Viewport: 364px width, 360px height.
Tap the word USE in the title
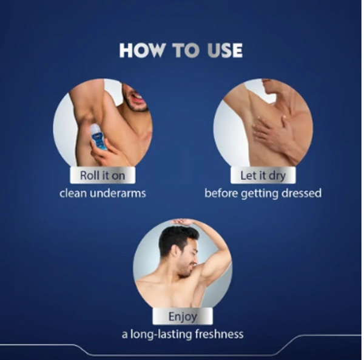pos(224,50)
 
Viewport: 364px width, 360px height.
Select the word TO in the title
pos(186,50)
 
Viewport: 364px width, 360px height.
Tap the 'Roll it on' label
pos(103,175)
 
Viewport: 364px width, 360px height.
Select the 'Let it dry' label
pos(263,175)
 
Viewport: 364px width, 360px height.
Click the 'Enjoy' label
pos(183,316)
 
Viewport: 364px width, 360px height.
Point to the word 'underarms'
pos(118,193)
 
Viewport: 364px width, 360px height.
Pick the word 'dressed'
pos(302,193)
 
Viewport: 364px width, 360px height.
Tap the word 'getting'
pos(259,194)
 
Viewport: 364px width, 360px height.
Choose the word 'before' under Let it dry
pos(221,193)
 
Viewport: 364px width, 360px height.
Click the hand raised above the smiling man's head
pos(183,222)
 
